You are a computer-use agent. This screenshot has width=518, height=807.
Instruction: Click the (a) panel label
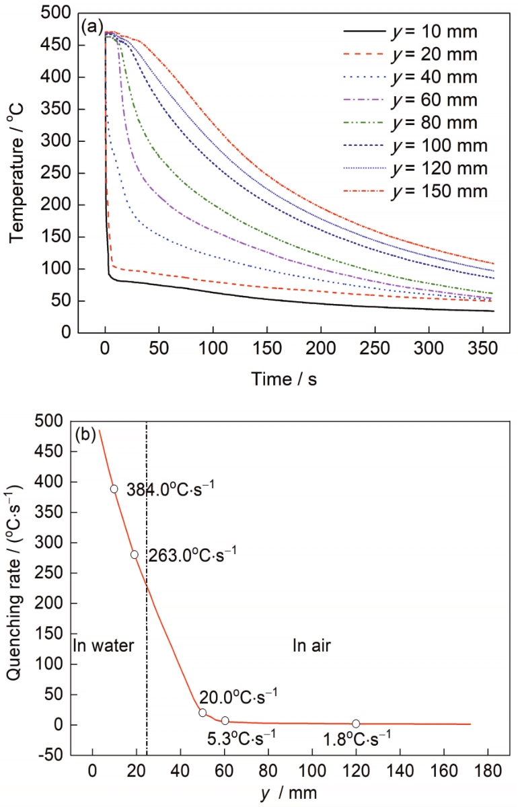[x=91, y=28]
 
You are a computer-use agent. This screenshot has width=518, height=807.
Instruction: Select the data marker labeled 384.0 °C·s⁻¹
[x=114, y=489]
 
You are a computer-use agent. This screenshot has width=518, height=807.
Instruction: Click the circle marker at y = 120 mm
[x=356, y=724]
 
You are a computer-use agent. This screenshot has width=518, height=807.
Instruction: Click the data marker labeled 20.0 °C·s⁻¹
[x=202, y=713]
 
